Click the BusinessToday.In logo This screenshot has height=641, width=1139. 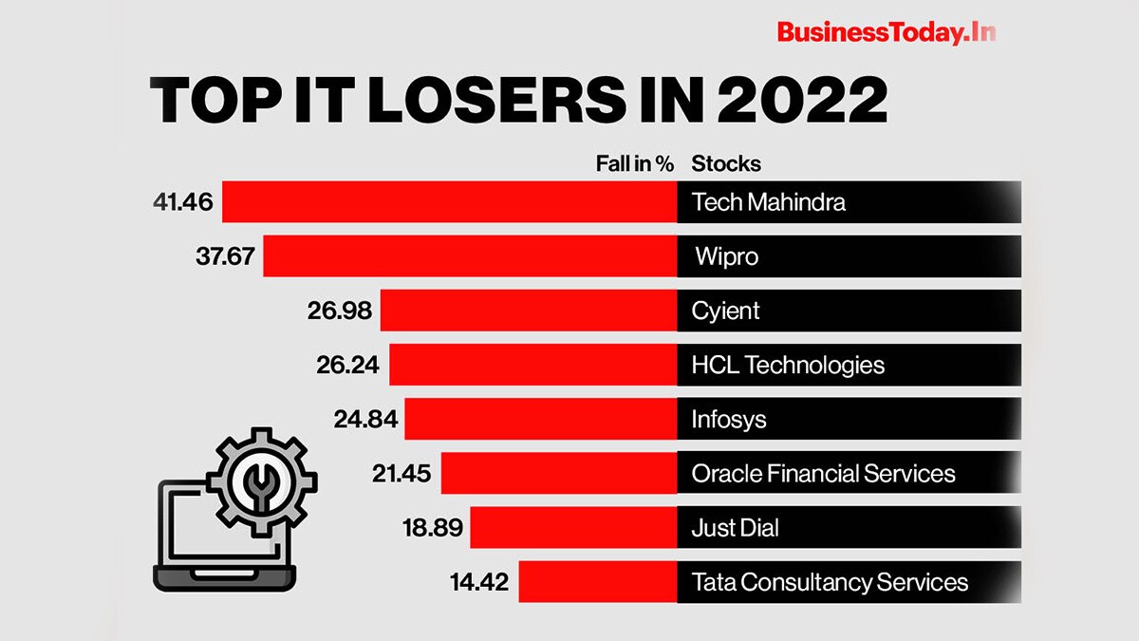(x=886, y=32)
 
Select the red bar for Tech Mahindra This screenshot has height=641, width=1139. (x=449, y=202)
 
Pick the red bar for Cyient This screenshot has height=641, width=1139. (x=528, y=311)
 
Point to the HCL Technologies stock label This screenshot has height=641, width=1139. (x=788, y=365)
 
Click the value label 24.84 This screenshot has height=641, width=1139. (x=364, y=419)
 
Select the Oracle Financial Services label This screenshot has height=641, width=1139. (x=823, y=473)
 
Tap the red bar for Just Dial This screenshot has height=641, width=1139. (x=573, y=527)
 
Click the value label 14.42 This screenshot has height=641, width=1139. (x=479, y=581)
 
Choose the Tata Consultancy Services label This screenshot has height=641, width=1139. (x=830, y=581)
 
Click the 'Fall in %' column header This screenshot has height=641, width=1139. (x=634, y=163)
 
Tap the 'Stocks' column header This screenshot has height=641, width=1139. (x=726, y=163)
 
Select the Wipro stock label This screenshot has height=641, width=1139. (x=726, y=256)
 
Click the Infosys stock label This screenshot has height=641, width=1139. (x=729, y=419)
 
